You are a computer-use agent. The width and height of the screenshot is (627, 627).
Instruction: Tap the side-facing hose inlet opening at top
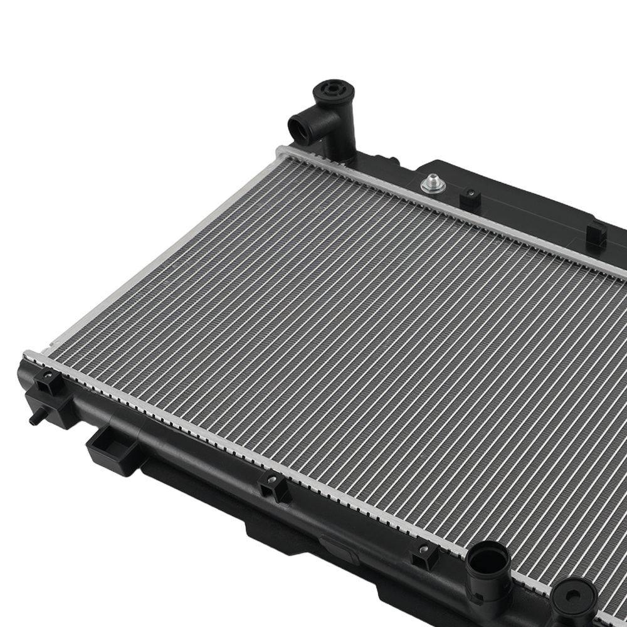[x=299, y=129]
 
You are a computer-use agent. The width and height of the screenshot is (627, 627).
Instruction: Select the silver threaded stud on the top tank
[x=432, y=184]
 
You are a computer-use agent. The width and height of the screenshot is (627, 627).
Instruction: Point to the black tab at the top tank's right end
[x=596, y=234]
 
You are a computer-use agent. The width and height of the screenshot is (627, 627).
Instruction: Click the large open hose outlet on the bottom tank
[x=488, y=556]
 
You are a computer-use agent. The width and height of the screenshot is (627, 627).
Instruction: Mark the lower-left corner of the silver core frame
[x=28, y=355]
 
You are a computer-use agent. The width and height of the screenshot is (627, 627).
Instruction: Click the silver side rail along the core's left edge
[x=157, y=251]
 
